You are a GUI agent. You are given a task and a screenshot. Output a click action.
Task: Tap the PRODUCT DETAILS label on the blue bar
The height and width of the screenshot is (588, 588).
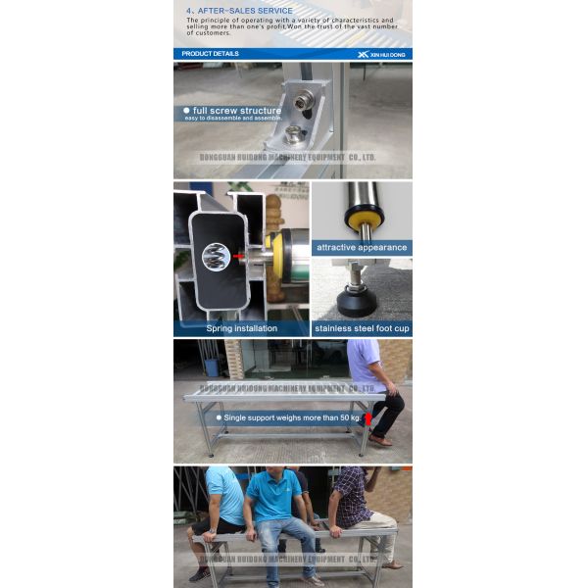tap(210, 54)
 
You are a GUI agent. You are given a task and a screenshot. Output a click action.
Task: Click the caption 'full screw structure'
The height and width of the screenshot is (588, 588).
tap(236, 111)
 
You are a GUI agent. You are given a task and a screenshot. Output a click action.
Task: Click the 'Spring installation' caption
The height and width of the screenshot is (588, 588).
tap(241, 328)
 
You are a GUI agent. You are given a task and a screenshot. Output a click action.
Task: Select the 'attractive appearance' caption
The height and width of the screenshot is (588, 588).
tap(362, 248)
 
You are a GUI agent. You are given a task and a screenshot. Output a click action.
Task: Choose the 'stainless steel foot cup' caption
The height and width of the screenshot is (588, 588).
tap(362, 328)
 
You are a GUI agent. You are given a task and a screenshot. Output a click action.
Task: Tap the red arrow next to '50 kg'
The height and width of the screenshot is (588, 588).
tap(367, 418)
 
